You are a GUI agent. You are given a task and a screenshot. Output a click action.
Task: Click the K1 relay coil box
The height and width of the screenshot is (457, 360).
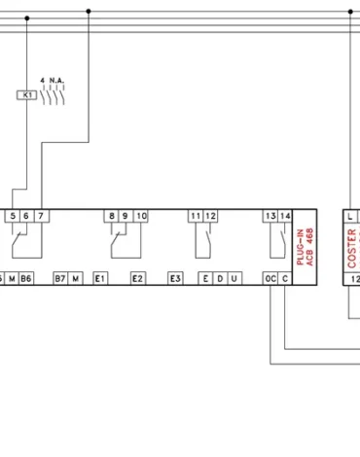point(27,95)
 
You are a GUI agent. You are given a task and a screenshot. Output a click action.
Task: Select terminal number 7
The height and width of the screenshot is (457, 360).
point(40,216)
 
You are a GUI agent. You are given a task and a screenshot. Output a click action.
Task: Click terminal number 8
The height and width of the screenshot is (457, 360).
point(112,216)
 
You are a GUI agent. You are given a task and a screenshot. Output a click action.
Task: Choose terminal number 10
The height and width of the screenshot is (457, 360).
point(141,216)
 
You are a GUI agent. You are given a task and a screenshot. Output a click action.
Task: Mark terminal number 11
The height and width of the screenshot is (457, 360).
point(196,216)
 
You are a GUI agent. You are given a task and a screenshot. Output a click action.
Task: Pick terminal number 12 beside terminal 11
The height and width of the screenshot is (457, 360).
point(210,216)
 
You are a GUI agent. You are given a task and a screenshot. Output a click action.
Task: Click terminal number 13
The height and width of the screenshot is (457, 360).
point(270,216)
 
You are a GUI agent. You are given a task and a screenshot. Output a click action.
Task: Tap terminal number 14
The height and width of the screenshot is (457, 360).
point(284,216)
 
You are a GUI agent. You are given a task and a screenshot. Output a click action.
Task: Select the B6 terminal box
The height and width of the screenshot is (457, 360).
point(26,279)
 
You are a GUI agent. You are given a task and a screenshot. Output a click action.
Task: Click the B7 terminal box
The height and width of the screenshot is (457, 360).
point(60,279)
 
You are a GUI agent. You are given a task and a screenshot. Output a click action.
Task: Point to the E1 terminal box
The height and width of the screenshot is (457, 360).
point(99,279)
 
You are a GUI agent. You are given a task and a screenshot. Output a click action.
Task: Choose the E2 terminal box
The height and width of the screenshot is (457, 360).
point(137,279)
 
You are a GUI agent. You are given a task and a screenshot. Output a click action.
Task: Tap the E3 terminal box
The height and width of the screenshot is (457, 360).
point(175,279)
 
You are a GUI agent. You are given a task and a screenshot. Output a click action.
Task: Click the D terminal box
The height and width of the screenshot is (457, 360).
point(220,279)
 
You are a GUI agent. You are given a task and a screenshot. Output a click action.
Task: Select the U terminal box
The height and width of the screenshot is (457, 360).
point(234,279)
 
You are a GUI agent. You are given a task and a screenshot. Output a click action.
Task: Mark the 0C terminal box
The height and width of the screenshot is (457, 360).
point(270,279)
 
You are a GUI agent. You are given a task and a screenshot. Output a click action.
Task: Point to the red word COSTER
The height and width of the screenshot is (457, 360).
point(352,247)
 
